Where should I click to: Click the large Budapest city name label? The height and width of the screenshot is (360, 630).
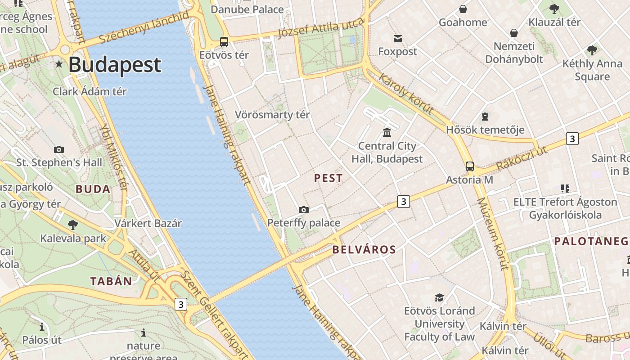point(115,64)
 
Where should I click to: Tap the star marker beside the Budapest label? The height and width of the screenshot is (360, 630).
point(59,64)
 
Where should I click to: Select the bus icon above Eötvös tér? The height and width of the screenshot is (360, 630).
point(224,42)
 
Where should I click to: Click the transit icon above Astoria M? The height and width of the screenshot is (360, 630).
point(470,166)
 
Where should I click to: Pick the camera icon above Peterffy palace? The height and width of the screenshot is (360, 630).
point(304,210)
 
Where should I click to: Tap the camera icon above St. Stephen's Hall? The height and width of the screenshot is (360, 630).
point(59,149)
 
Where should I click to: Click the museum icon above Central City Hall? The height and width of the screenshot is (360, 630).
point(387,132)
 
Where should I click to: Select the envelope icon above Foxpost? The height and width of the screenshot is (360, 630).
point(398,38)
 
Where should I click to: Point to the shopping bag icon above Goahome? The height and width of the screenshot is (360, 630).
point(463,9)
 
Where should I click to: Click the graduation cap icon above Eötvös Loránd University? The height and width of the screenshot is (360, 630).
point(439,297)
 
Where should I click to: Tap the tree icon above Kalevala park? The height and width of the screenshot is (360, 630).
point(72,225)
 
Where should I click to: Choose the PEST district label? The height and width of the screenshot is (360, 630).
point(328,178)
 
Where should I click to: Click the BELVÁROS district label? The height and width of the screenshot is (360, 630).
point(364,250)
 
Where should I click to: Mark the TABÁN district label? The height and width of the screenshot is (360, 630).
point(111,282)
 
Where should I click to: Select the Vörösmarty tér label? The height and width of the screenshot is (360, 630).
point(272,115)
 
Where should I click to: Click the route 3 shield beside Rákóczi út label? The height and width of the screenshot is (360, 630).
point(572,139)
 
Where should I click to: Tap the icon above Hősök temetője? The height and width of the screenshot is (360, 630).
point(485,117)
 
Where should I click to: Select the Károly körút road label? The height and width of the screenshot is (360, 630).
point(406,94)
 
